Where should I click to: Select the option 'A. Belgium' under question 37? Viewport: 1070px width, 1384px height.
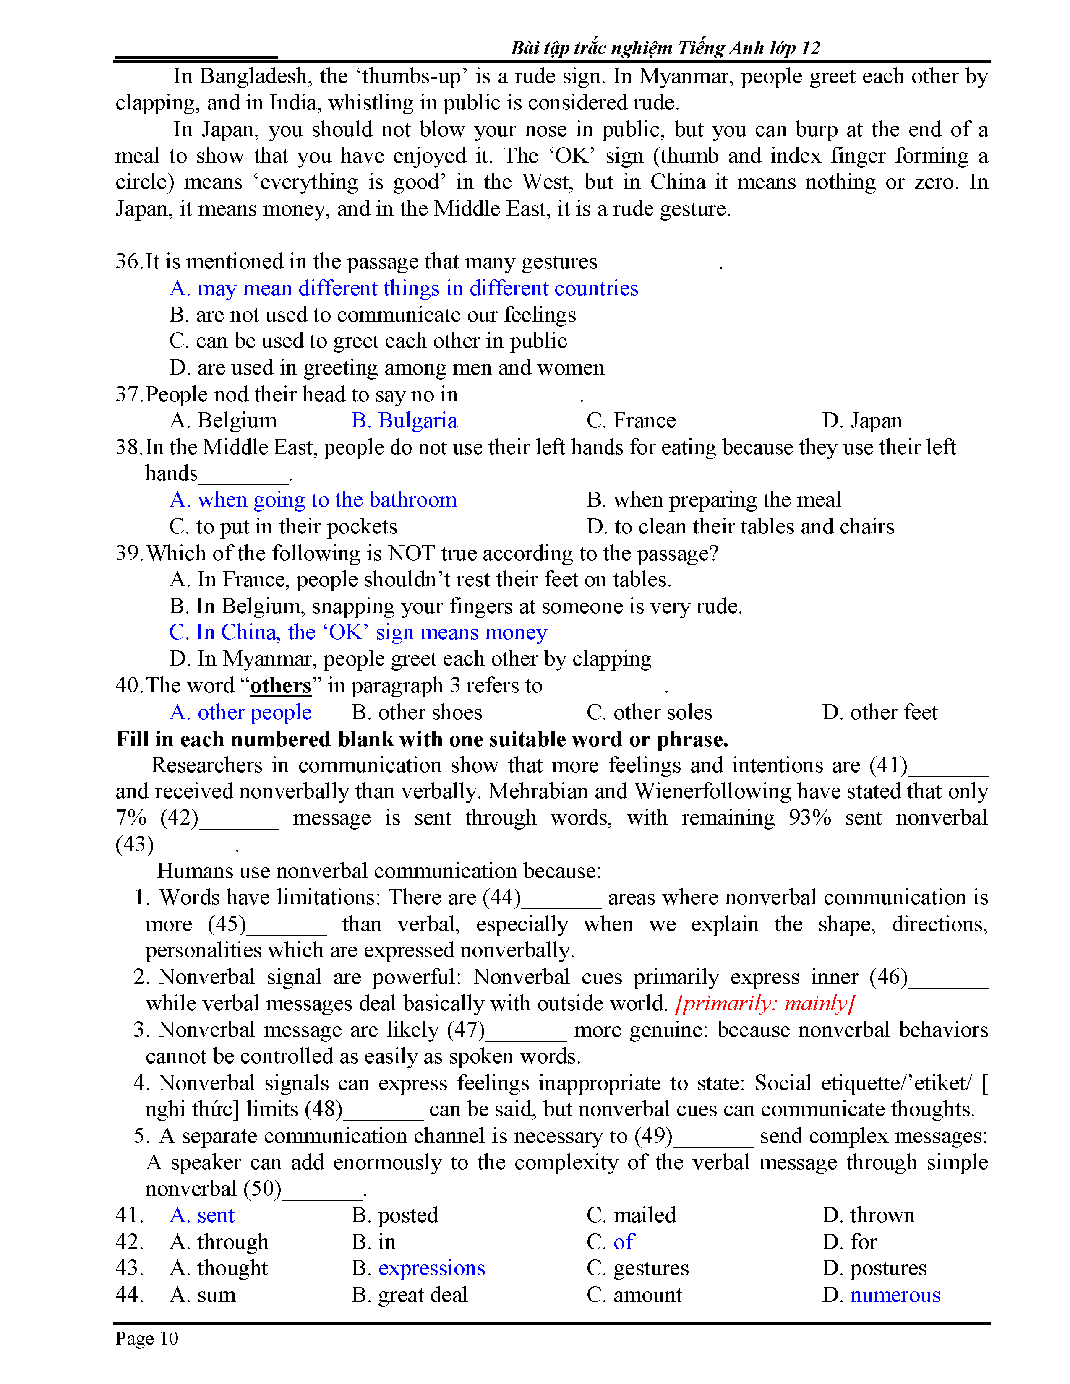tap(223, 421)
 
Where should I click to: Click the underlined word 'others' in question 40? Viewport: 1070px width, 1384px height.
tap(281, 686)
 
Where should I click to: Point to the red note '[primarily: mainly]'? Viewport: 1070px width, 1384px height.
tap(765, 1003)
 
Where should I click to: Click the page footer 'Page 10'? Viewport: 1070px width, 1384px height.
tap(147, 1338)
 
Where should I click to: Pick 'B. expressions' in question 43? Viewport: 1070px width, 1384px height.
tap(418, 1267)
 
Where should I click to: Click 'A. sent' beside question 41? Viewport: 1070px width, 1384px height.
tap(202, 1215)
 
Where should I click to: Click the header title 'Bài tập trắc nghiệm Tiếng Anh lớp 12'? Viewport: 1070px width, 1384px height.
tap(665, 48)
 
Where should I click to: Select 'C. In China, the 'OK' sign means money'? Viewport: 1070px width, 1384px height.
tap(358, 632)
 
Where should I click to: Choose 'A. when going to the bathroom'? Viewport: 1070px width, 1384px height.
tap(313, 500)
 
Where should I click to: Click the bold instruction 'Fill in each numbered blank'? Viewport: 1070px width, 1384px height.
tap(422, 739)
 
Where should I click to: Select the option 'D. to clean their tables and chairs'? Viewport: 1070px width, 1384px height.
tap(740, 527)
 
